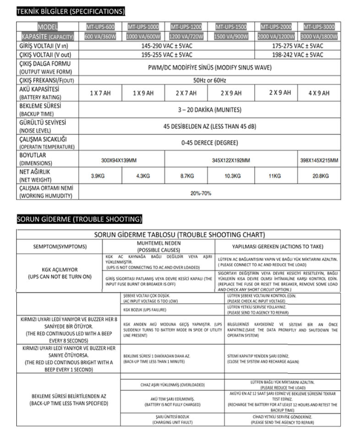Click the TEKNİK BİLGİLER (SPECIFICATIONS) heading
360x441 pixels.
coord(71,11)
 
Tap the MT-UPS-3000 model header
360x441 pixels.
coord(319,26)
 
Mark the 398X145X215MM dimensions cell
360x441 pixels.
coord(319,160)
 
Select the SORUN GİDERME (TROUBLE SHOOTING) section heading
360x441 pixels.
coord(79,218)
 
